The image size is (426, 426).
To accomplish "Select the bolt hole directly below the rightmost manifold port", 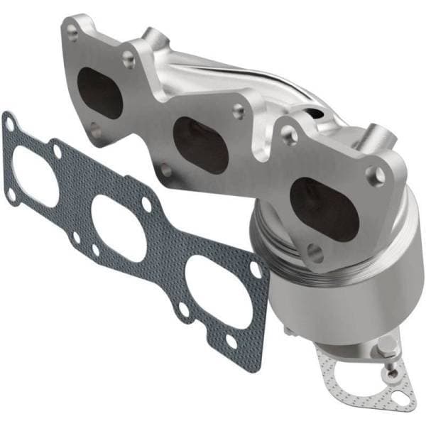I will click(317, 252).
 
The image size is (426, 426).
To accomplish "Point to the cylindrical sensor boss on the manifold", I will click(376, 135).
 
